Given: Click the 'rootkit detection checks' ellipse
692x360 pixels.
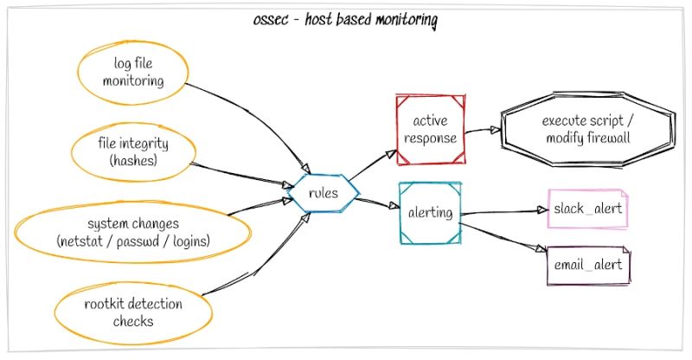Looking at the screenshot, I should (x=132, y=312).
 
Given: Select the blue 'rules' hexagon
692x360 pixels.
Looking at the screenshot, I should (x=322, y=193).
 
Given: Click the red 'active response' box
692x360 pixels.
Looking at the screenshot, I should (x=430, y=129).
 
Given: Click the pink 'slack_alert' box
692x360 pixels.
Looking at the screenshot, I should (x=588, y=209).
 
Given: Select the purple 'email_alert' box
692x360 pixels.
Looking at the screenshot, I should (x=588, y=265).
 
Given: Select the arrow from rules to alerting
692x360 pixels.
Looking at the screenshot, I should (x=374, y=202).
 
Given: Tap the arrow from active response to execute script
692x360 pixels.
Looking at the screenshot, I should (x=484, y=131).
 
